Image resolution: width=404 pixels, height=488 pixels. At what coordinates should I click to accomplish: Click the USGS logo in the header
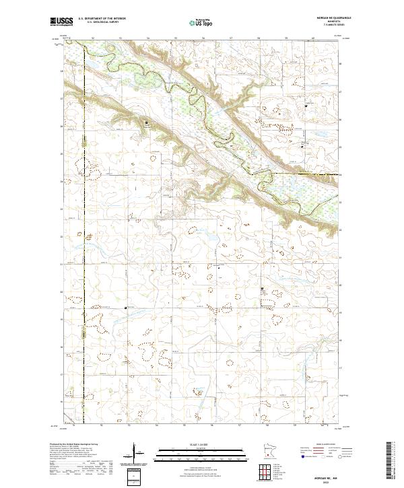pos(61,22)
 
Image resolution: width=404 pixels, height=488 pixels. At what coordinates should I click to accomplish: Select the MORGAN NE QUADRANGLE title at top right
pos(328,18)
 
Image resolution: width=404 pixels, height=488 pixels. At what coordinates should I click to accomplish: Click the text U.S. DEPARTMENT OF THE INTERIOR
pos(102,19)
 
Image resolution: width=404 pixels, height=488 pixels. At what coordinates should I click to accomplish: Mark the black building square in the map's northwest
pos(147,123)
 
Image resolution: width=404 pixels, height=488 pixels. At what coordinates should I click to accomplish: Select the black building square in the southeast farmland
pos(263,289)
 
